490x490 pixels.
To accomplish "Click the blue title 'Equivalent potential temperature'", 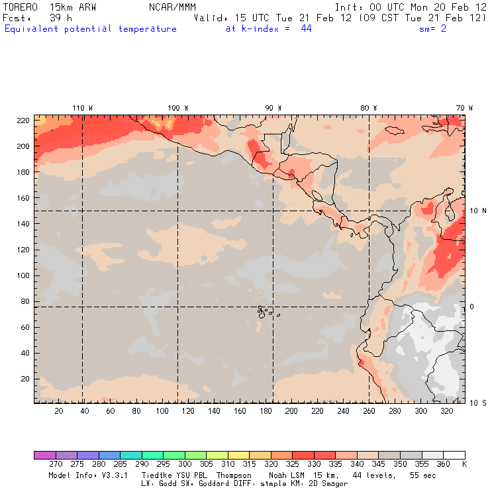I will pos(91,29).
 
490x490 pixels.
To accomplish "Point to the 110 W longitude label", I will pos(82,108).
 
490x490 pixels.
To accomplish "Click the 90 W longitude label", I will pos(273,108).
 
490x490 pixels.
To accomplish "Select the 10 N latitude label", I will pos(477,211).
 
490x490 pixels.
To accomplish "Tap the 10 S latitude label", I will pos(477,403).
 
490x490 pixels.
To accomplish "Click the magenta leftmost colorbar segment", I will pos(44,455).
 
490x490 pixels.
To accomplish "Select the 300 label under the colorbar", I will pos(184,465).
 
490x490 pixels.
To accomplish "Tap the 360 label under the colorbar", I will pos(443,465).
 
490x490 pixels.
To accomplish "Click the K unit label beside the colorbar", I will pos(464,465).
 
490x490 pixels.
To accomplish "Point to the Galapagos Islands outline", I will pos(264,310).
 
